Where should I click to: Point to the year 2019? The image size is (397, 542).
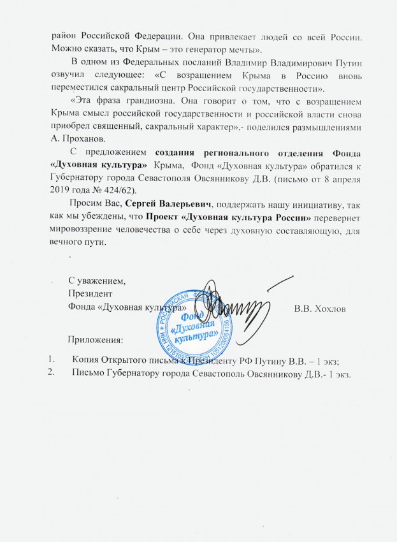[62, 190]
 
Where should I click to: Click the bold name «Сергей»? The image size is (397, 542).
[142, 205]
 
